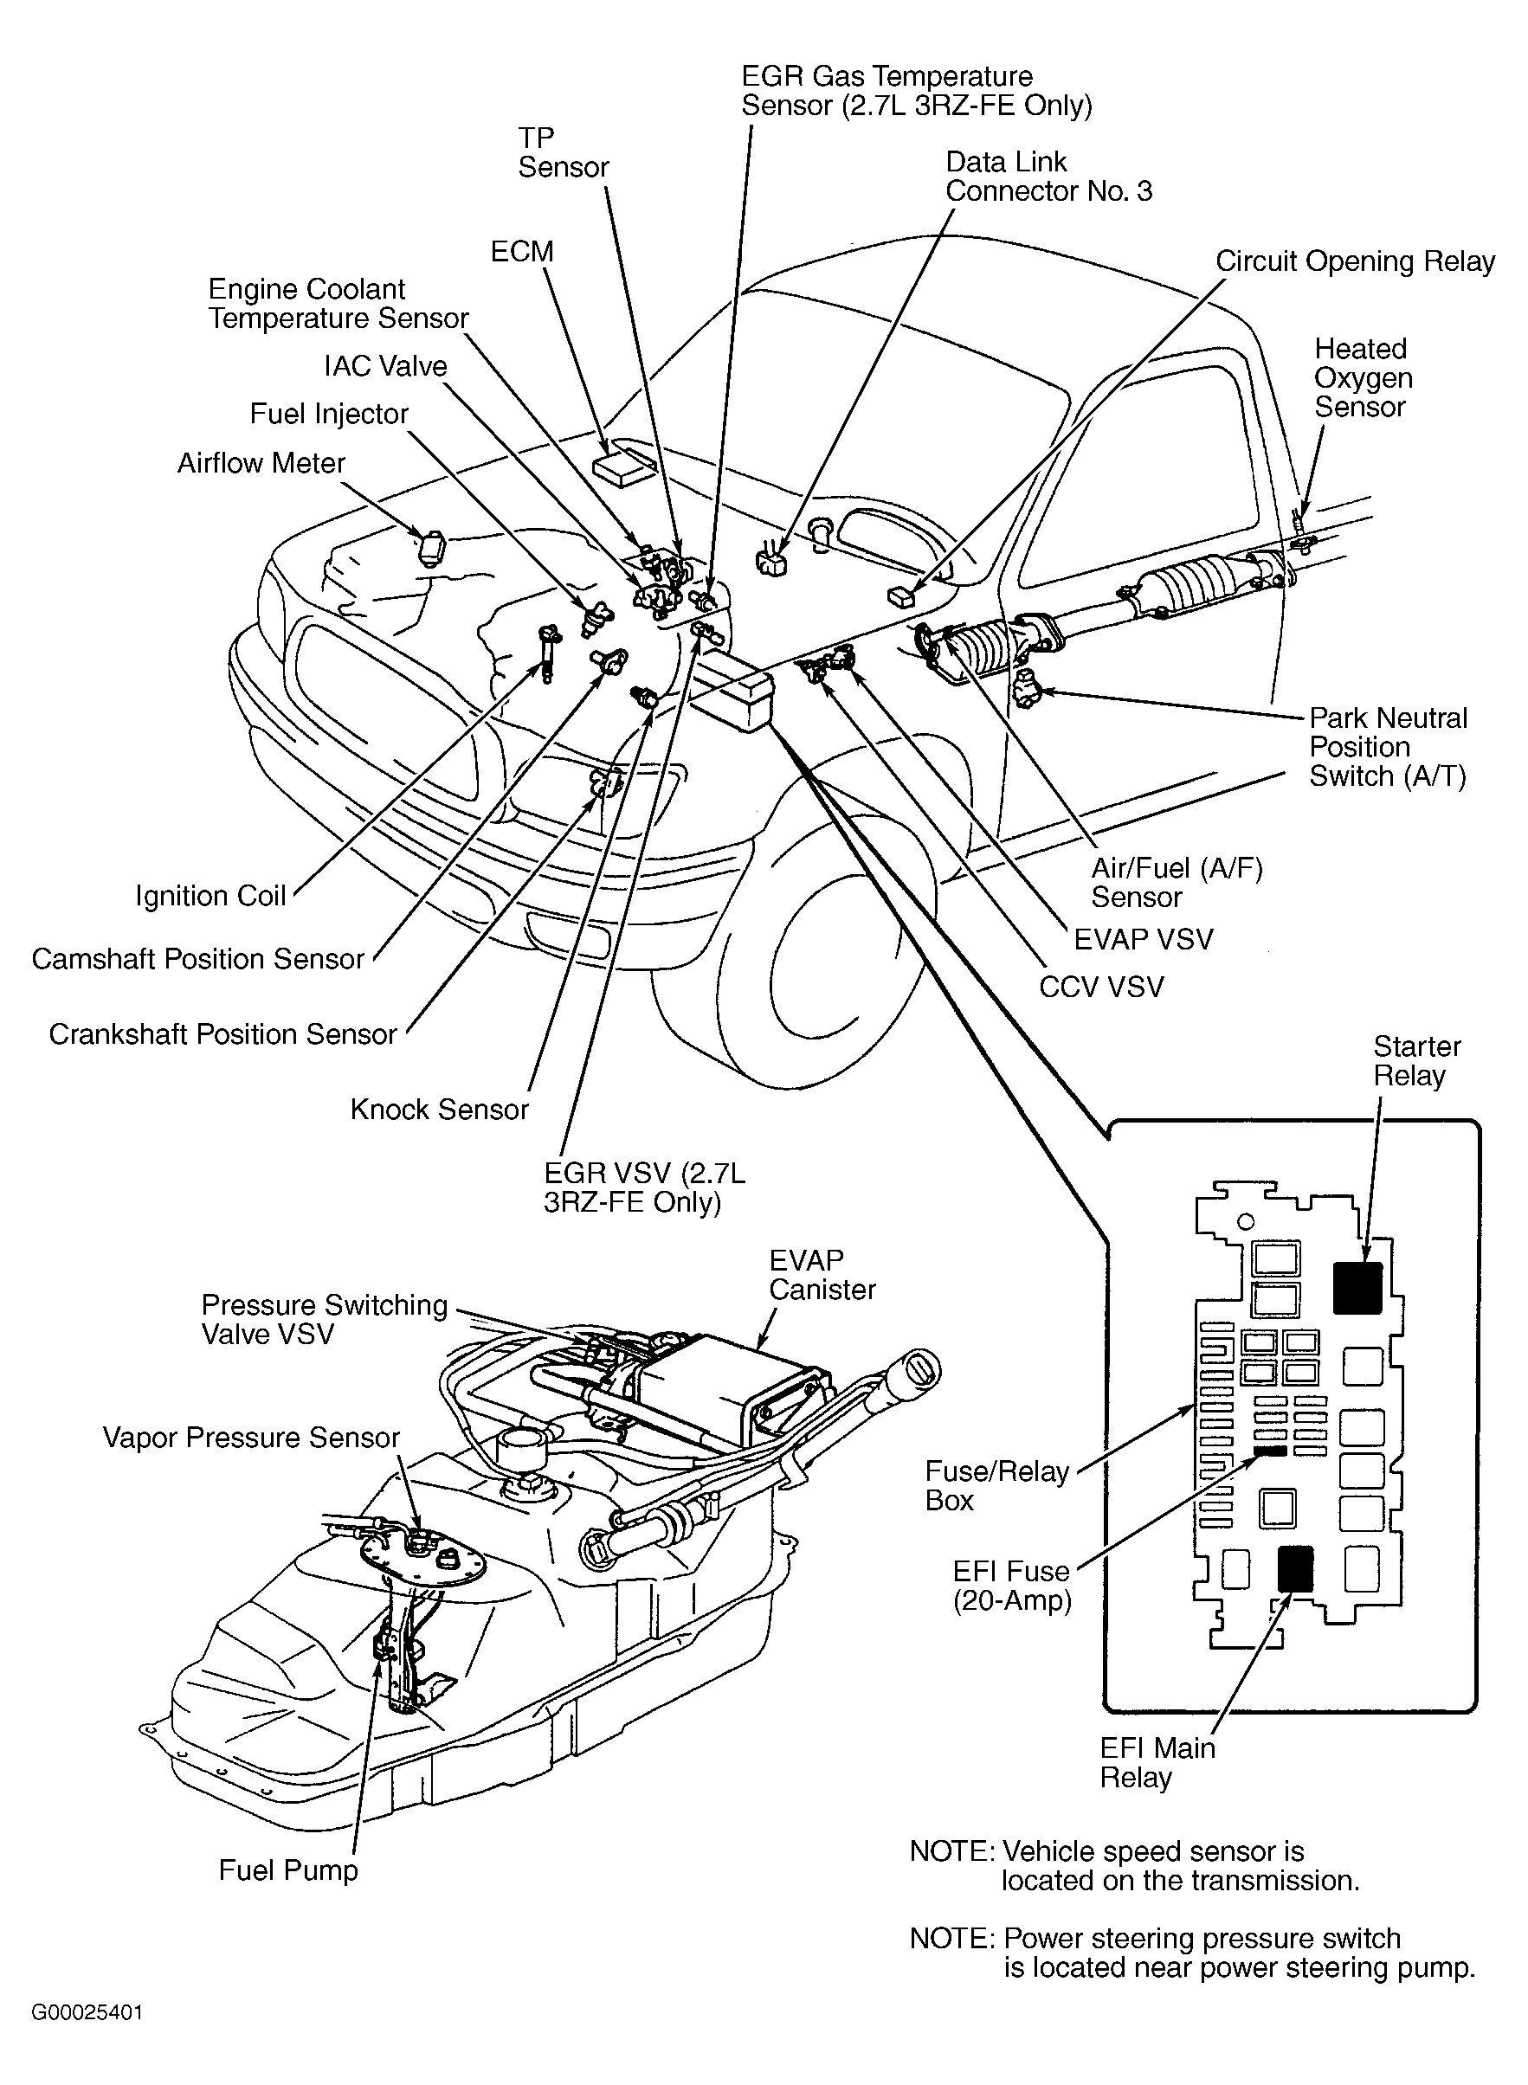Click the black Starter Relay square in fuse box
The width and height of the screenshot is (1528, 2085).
pos(1357,1287)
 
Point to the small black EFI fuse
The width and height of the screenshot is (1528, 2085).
pos(1272,1451)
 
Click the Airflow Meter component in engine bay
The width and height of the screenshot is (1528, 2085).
pos(431,545)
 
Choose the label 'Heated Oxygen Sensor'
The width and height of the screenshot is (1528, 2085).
pos(1363,377)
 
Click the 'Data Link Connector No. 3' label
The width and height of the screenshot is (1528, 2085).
pos(1048,177)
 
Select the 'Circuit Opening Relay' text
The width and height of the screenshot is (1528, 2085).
pos(1354,261)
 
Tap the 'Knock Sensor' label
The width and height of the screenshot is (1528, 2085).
pos(438,1110)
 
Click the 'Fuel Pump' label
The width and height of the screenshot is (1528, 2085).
pos(287,1870)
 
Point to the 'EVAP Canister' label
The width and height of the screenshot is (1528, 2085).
pos(822,1275)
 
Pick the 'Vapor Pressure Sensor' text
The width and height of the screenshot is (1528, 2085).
pos(251,1437)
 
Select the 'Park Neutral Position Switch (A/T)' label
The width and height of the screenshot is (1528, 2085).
pos(1388,747)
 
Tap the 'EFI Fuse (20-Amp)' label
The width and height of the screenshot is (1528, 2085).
pos(1011,1586)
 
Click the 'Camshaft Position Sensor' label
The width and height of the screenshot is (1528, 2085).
pos(198,959)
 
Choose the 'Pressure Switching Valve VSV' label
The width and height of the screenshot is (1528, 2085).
pos(324,1319)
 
